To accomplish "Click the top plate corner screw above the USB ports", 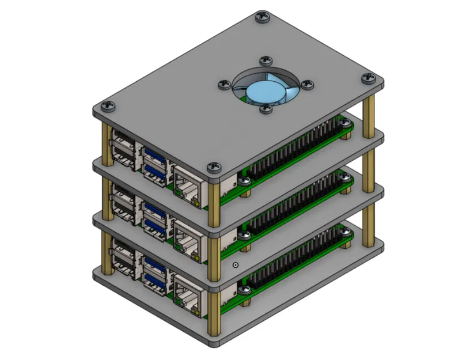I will point(107,107).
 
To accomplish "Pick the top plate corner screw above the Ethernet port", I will point(213,166).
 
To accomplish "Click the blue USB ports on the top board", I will point(154,162).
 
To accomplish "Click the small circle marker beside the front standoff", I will point(235,266).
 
